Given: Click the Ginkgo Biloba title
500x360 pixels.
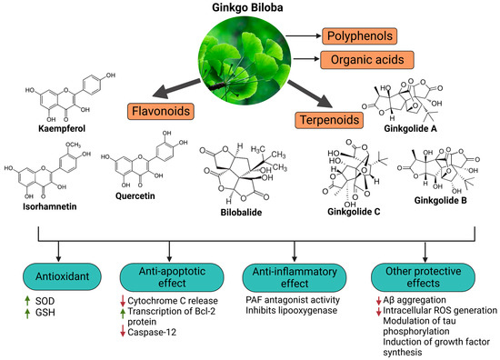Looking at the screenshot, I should (248, 10).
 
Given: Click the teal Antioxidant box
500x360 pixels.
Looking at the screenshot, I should (55, 272).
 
